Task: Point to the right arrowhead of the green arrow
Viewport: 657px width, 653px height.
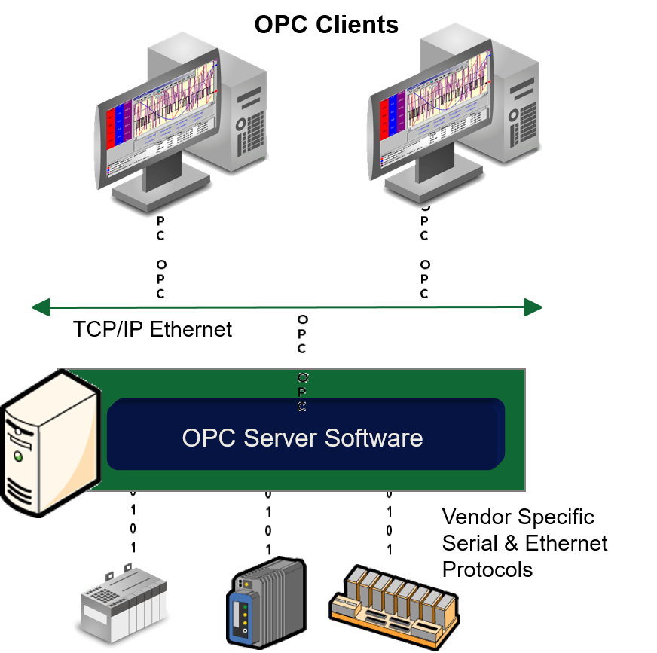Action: click(533, 307)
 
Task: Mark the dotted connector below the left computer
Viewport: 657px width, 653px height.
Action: click(160, 256)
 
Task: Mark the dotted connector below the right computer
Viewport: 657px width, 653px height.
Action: click(425, 256)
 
